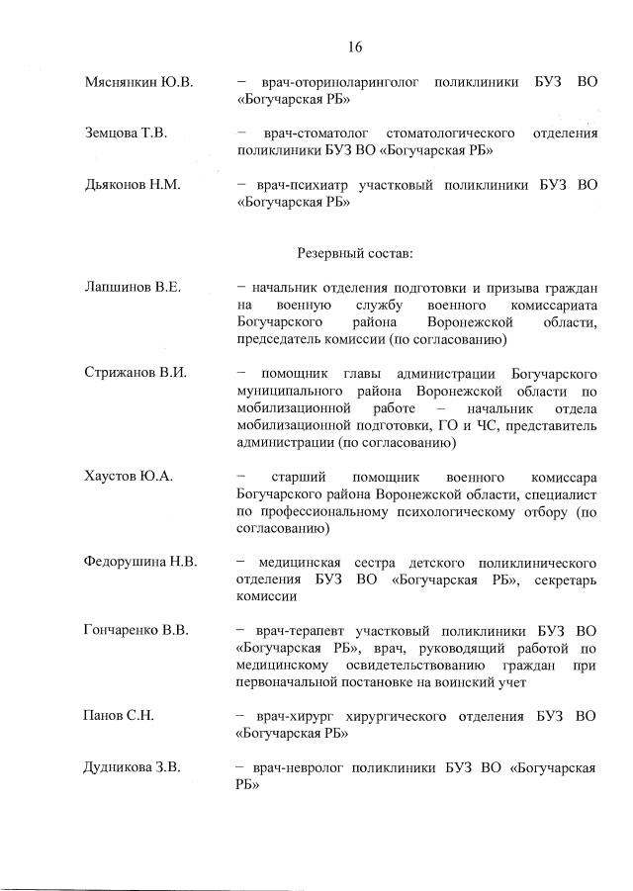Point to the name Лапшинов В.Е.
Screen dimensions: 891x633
(x=133, y=288)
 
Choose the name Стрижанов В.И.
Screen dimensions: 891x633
(x=136, y=373)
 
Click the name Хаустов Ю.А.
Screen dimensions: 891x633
(x=129, y=476)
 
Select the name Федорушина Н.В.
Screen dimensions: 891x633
(x=141, y=562)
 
